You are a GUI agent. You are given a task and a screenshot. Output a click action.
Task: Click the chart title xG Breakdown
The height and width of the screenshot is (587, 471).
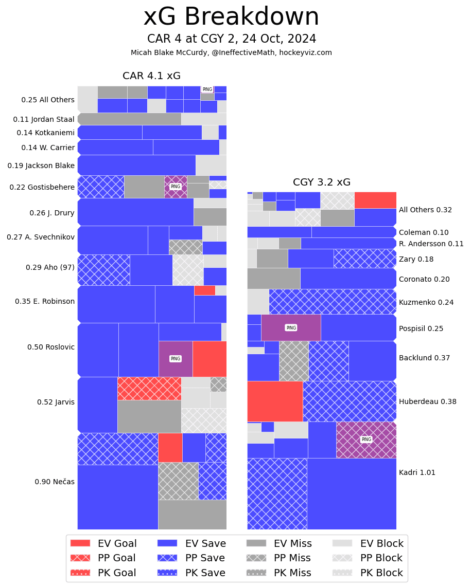231,17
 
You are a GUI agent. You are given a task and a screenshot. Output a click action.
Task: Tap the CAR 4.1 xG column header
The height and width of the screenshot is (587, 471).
151,76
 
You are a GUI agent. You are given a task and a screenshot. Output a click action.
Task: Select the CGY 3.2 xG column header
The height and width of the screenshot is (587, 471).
321,182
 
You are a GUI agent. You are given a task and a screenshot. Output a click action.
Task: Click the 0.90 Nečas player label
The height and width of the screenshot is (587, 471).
55,482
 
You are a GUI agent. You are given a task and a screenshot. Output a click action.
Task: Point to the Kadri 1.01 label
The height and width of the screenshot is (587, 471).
417,473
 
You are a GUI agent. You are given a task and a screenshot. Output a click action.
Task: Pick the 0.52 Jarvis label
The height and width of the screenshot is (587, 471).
56,402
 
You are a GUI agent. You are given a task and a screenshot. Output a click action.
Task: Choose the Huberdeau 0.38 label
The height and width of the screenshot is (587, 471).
427,402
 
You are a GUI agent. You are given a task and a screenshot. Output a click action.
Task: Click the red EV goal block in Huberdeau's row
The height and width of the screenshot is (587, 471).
275,401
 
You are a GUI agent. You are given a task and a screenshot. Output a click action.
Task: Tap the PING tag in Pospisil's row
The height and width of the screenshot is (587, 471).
291,328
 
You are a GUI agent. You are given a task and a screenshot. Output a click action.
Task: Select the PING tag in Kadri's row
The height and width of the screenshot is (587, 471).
366,439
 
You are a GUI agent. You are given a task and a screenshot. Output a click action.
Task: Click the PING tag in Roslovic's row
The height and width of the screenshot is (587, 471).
176,359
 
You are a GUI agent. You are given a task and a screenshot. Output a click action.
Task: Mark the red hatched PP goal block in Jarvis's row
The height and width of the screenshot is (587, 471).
149,389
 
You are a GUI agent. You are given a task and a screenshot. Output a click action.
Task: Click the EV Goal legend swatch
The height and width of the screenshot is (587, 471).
80,543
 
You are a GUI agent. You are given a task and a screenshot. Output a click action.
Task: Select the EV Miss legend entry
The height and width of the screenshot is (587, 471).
278,544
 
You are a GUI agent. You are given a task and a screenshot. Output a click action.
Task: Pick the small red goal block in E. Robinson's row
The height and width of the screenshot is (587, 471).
204,290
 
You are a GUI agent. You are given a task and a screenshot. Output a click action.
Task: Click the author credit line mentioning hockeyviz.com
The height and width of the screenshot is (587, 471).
231,53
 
